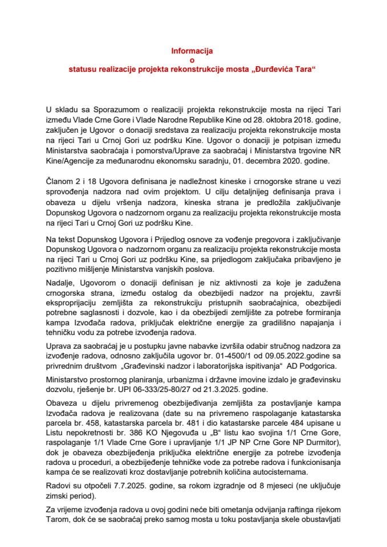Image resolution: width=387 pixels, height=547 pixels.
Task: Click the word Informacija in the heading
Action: point(191,50)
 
